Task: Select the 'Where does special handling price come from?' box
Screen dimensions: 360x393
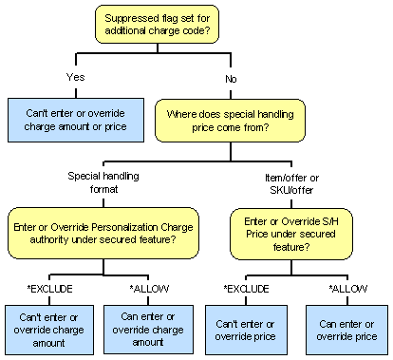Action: pos(231,121)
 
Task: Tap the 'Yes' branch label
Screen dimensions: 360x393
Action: pos(77,76)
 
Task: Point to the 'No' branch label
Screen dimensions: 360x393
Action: pos(231,76)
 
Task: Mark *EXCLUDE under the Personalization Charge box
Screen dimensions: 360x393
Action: pos(48,286)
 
